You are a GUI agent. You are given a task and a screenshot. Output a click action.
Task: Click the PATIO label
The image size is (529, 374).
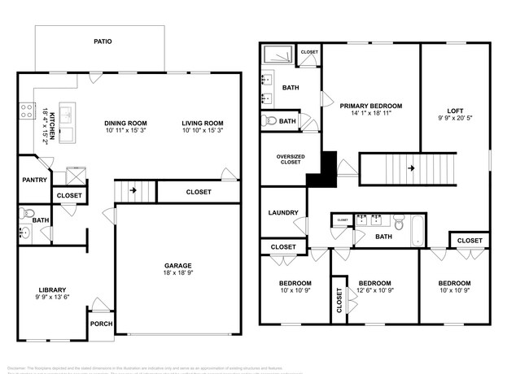(x=102, y=41)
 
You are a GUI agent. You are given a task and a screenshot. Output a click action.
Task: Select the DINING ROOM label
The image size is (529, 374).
(x=125, y=124)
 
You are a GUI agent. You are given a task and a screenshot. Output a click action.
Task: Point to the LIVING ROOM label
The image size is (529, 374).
(x=202, y=124)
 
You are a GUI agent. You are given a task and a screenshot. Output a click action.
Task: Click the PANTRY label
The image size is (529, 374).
(x=34, y=180)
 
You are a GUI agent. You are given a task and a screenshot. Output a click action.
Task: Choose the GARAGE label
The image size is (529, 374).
(x=177, y=266)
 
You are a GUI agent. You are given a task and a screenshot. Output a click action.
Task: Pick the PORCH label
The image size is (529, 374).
(x=101, y=324)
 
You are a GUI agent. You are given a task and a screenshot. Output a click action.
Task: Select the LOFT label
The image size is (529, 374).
(x=455, y=111)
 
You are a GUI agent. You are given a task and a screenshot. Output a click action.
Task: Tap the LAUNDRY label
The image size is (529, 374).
(x=282, y=213)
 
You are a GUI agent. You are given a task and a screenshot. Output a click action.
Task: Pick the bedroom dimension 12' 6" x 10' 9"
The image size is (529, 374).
(x=375, y=292)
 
